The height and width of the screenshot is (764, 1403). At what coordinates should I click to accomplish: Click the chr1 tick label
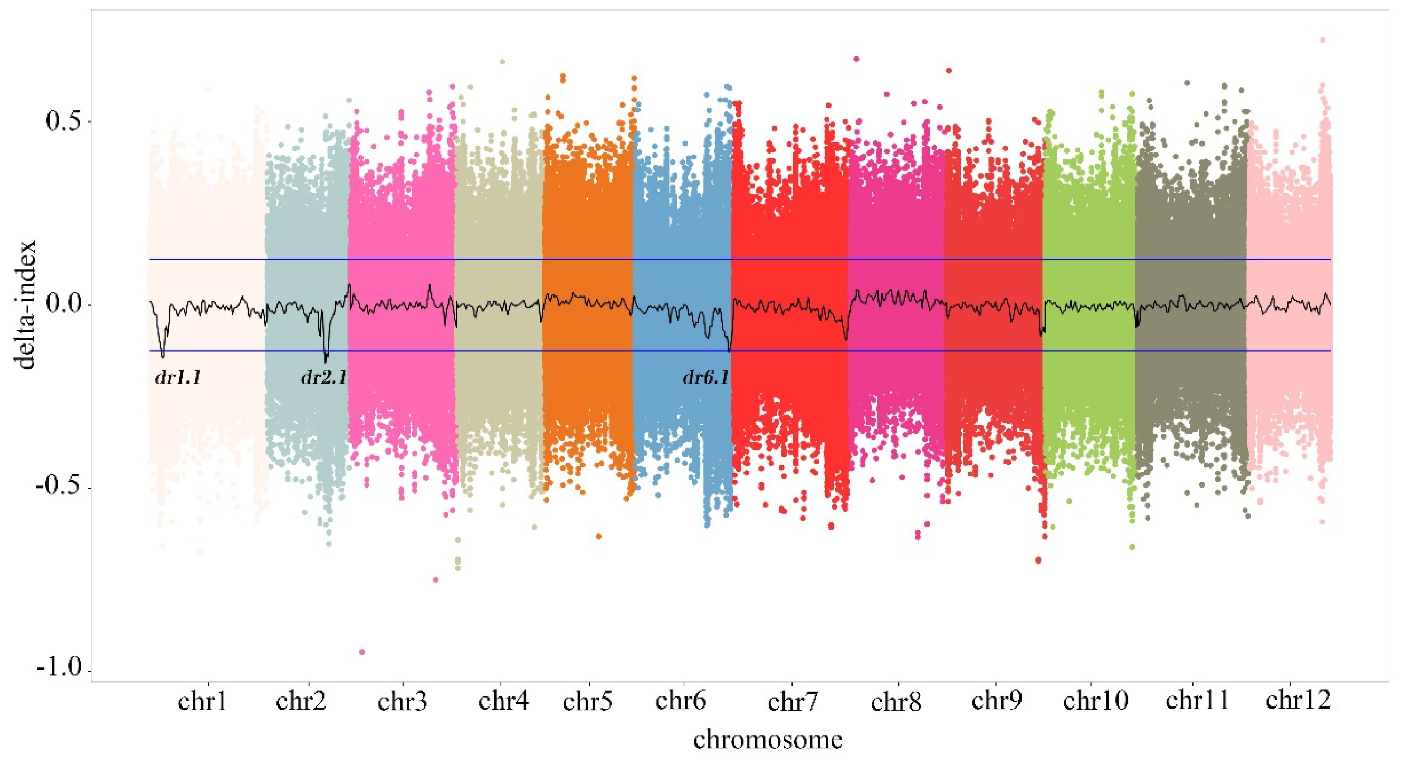(202, 701)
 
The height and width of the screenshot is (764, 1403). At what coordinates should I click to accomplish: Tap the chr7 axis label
(793, 702)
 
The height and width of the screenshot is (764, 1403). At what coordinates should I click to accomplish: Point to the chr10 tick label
(1095, 701)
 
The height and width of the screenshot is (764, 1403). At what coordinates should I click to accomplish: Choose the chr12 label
(1299, 700)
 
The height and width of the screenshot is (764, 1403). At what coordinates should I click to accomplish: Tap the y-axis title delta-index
(26, 304)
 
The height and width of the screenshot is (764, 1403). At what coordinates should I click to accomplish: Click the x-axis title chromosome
(768, 740)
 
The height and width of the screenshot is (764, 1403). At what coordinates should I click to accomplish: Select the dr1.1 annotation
(178, 377)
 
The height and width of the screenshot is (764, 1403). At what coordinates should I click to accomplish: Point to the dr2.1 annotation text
(323, 377)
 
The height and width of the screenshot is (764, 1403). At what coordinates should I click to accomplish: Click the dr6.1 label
(705, 377)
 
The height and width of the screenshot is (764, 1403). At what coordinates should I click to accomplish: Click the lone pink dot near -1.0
(361, 652)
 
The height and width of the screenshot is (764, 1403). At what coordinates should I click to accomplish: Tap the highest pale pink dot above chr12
(1322, 40)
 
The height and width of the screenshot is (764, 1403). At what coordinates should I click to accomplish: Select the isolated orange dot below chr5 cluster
(598, 537)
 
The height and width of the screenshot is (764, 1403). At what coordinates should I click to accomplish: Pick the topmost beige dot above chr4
(503, 62)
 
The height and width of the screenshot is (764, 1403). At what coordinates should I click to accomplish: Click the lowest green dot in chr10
(1132, 546)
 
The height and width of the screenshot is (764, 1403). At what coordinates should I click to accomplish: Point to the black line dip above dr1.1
(163, 354)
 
